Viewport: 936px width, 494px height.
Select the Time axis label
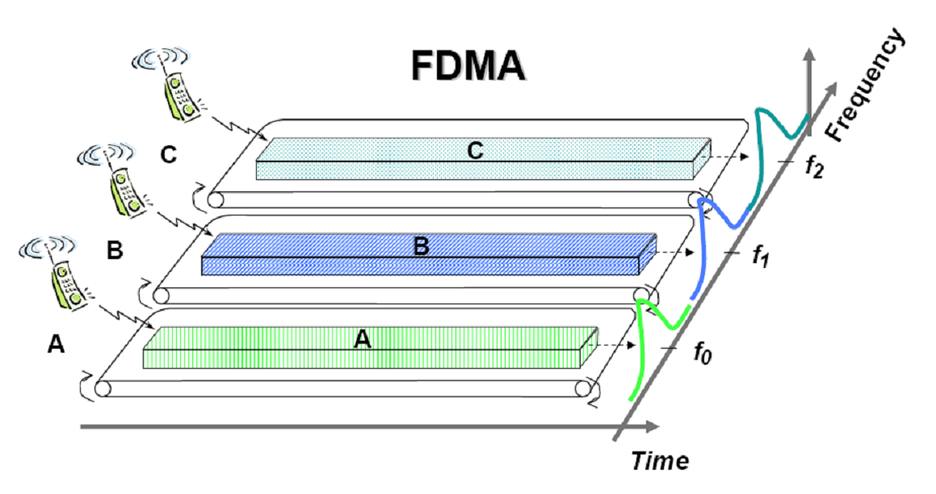click(660, 461)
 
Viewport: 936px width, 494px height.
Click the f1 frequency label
click(759, 256)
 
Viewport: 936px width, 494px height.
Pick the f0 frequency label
click(703, 352)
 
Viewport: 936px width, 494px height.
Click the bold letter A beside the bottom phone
click(55, 345)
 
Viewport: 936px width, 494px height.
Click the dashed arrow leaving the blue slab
click(674, 253)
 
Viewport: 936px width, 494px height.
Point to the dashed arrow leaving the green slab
click(615, 345)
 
